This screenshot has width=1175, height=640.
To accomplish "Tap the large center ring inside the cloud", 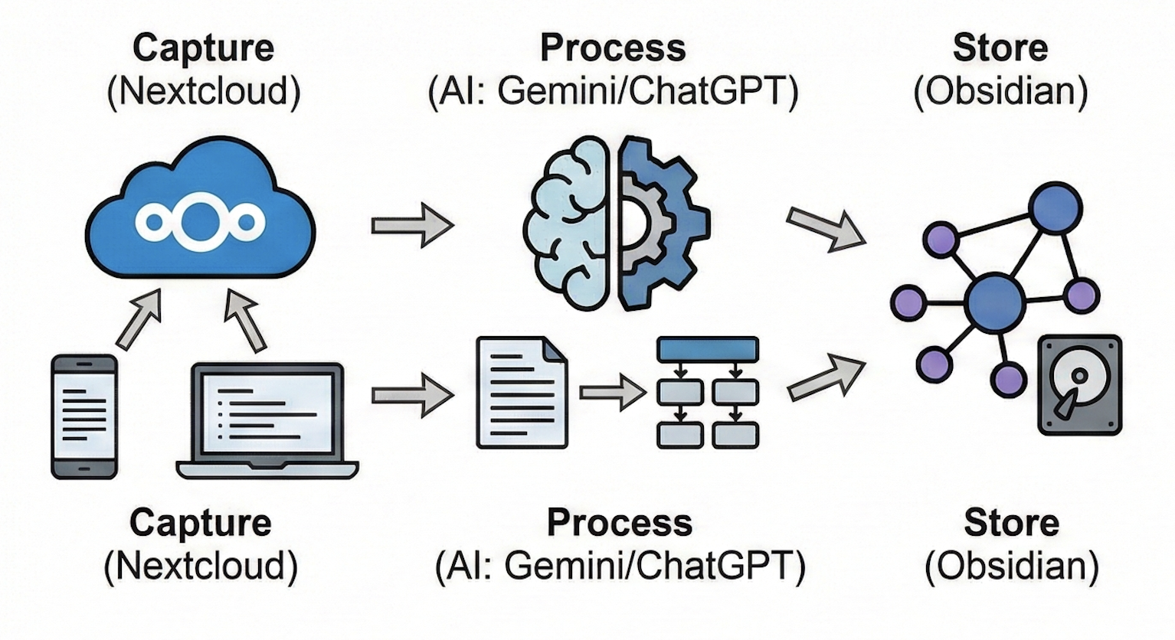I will [x=200, y=222].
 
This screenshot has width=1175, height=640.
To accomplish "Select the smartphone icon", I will [x=84, y=416].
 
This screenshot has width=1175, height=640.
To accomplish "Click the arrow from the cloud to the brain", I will [x=411, y=225].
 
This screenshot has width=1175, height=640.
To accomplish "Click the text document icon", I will [x=522, y=392].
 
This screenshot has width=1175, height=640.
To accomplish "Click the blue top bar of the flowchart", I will [x=708, y=349].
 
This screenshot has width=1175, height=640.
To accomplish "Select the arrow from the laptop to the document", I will [x=411, y=395].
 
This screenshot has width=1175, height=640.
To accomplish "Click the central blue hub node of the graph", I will [x=994, y=303].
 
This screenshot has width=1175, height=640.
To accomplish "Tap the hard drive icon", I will [x=1079, y=384].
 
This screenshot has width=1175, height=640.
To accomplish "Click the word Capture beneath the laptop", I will [x=200, y=524].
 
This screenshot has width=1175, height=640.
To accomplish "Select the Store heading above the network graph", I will [x=1000, y=47].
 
